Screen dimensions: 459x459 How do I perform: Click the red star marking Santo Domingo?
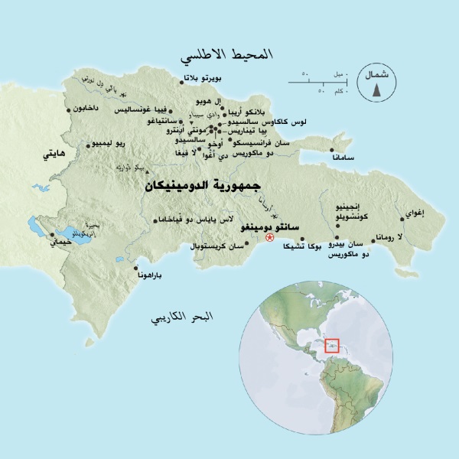tap(269, 238)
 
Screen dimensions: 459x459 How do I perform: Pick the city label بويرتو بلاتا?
tap(207, 80)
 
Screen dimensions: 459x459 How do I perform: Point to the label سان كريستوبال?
tap(225, 247)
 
